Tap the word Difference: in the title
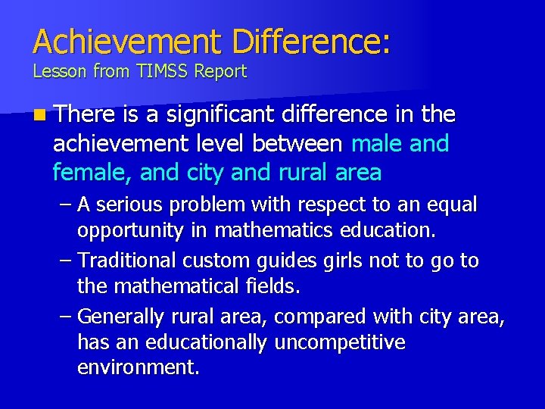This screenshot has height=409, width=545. (311, 42)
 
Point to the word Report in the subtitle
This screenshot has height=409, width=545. (220, 72)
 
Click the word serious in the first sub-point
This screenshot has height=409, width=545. (131, 204)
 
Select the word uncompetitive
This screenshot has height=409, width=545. (339, 342)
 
